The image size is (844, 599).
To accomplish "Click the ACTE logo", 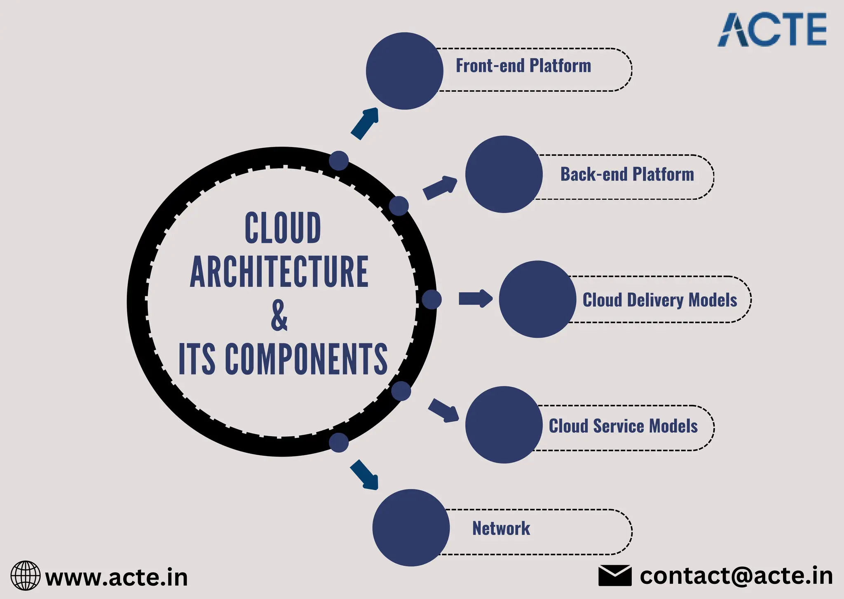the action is (x=772, y=30).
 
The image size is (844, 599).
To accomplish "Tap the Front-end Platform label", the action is (x=523, y=66).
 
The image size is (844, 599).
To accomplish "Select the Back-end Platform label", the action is (x=627, y=174).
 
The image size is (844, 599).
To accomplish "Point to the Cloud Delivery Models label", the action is (x=659, y=300).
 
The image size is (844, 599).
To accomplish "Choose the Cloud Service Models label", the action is (x=623, y=426).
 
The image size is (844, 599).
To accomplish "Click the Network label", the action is (x=501, y=529).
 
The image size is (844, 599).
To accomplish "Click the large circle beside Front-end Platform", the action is (x=404, y=71).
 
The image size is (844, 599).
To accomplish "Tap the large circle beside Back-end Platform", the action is (x=504, y=174).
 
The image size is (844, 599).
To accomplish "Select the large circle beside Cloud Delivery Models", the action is (x=537, y=299).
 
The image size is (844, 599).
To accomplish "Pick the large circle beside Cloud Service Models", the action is (x=504, y=425).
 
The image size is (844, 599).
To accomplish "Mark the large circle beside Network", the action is (x=411, y=528).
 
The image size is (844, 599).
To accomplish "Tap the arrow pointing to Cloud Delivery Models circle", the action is (x=475, y=299).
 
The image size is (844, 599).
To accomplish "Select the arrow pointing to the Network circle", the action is (x=364, y=475).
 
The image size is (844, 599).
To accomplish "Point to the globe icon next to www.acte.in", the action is (x=26, y=576).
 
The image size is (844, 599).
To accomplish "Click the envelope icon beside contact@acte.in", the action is (x=614, y=576).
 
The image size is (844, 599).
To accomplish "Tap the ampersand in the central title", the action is (x=279, y=316).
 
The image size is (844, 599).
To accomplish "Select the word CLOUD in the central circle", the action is (x=283, y=228).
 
